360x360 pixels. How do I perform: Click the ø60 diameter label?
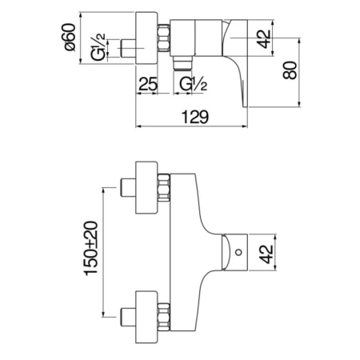pyautogui.click(x=70, y=36)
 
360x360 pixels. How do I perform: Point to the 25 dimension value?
pyautogui.click(x=146, y=82)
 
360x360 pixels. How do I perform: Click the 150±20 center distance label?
pyautogui.click(x=93, y=247)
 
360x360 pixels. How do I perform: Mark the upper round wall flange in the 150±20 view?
pyautogui.click(x=147, y=190)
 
